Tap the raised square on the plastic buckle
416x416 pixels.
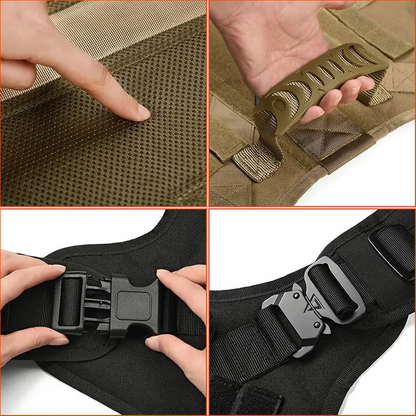point(129,302)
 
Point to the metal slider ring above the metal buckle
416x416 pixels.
point(390,244)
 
